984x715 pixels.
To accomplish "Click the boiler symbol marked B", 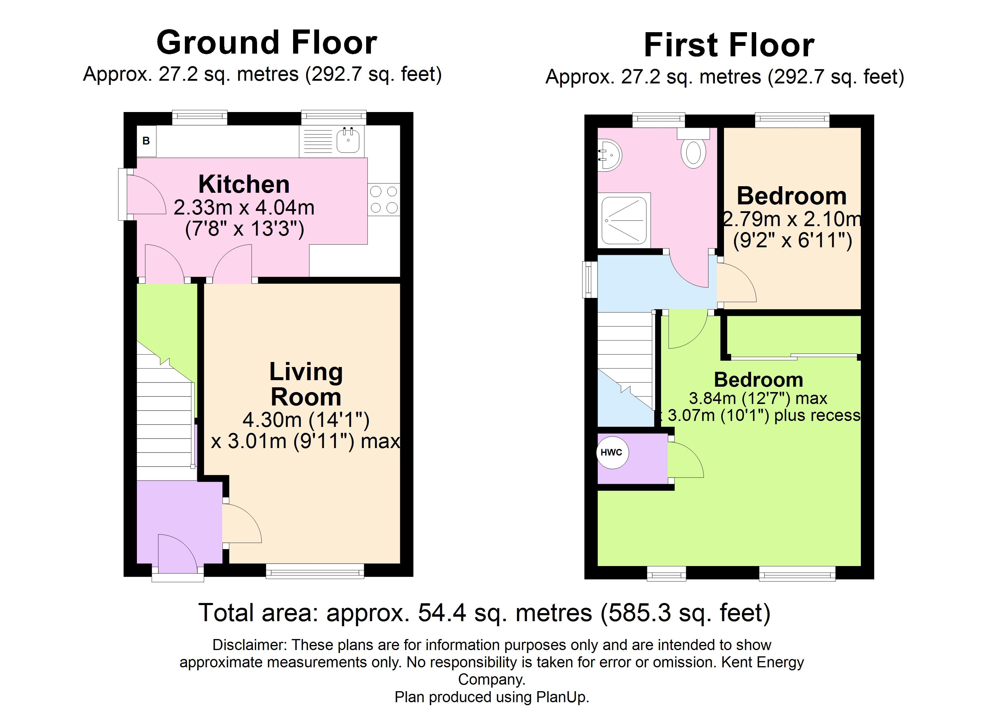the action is point(146,141).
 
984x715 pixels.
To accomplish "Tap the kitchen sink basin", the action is point(348,141).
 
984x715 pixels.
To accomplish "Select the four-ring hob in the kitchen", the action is point(383,199).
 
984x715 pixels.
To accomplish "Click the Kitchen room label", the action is point(244,184).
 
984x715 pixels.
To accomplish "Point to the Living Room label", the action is point(306,384).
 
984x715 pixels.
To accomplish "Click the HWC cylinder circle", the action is point(612,452).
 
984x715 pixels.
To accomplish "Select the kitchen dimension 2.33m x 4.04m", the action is point(244,208).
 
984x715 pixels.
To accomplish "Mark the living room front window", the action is point(315,571).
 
